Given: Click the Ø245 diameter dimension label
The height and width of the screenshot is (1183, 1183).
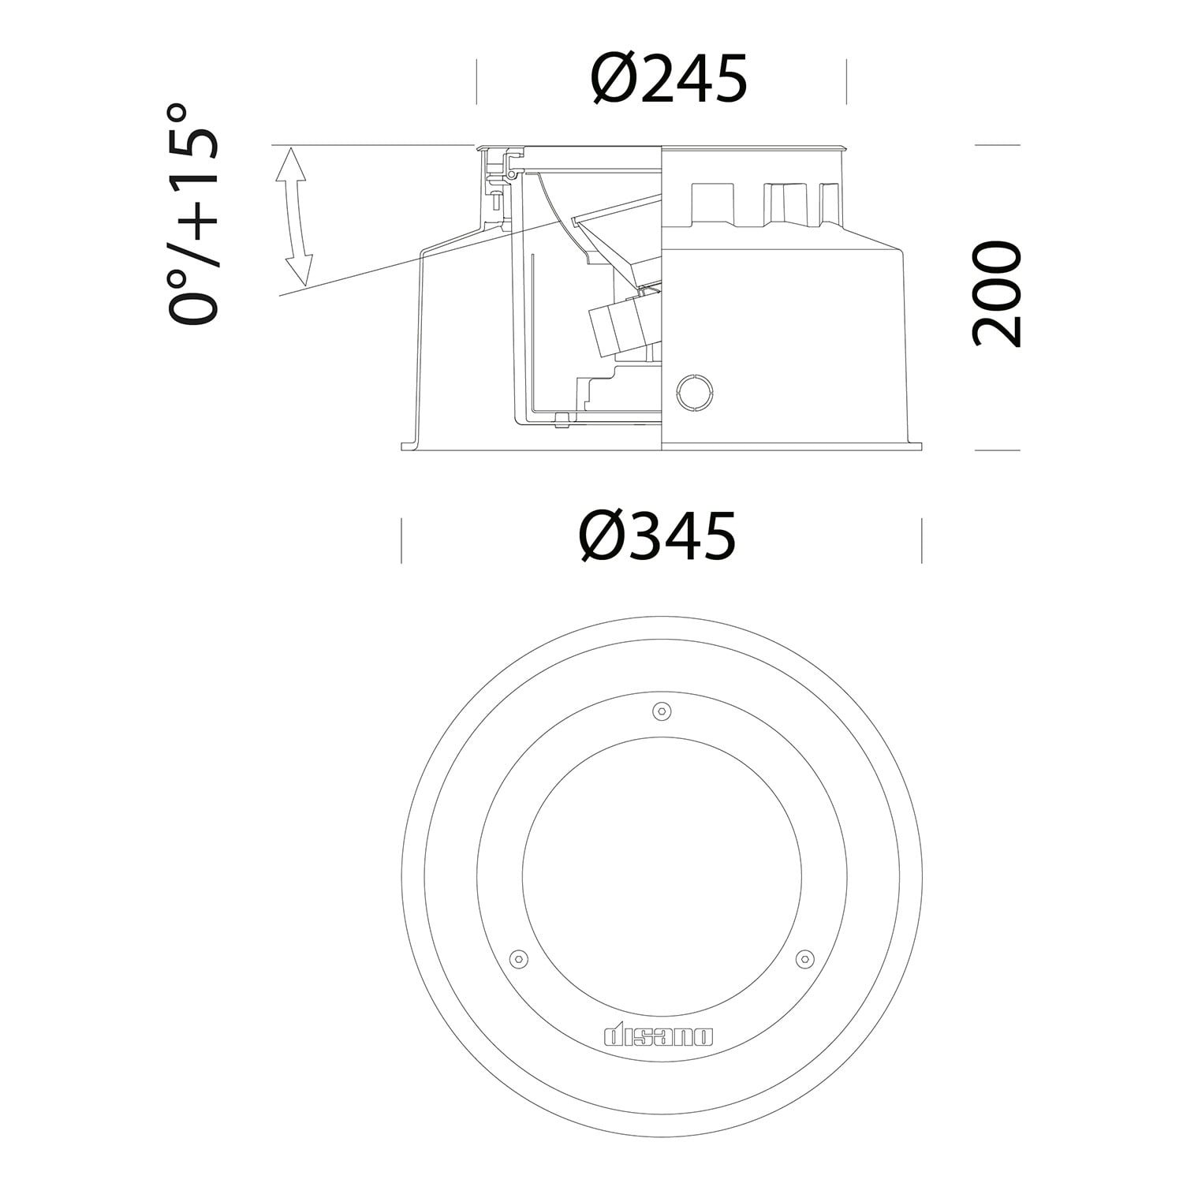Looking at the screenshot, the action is pos(668,80).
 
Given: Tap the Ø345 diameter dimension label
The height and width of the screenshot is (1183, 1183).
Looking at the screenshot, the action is pos(658,536).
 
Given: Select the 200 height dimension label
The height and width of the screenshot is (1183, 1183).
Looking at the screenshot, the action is pos(996,294).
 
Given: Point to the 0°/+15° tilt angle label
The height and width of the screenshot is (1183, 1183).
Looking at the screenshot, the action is pos(192,213).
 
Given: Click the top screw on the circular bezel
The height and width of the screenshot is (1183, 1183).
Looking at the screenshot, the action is pos(662,711).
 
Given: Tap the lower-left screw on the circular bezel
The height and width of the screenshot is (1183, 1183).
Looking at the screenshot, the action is pos(518,957).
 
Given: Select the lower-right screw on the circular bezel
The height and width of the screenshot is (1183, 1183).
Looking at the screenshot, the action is pos(804,957).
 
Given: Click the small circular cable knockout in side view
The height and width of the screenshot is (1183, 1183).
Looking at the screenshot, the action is pos(695,392).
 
